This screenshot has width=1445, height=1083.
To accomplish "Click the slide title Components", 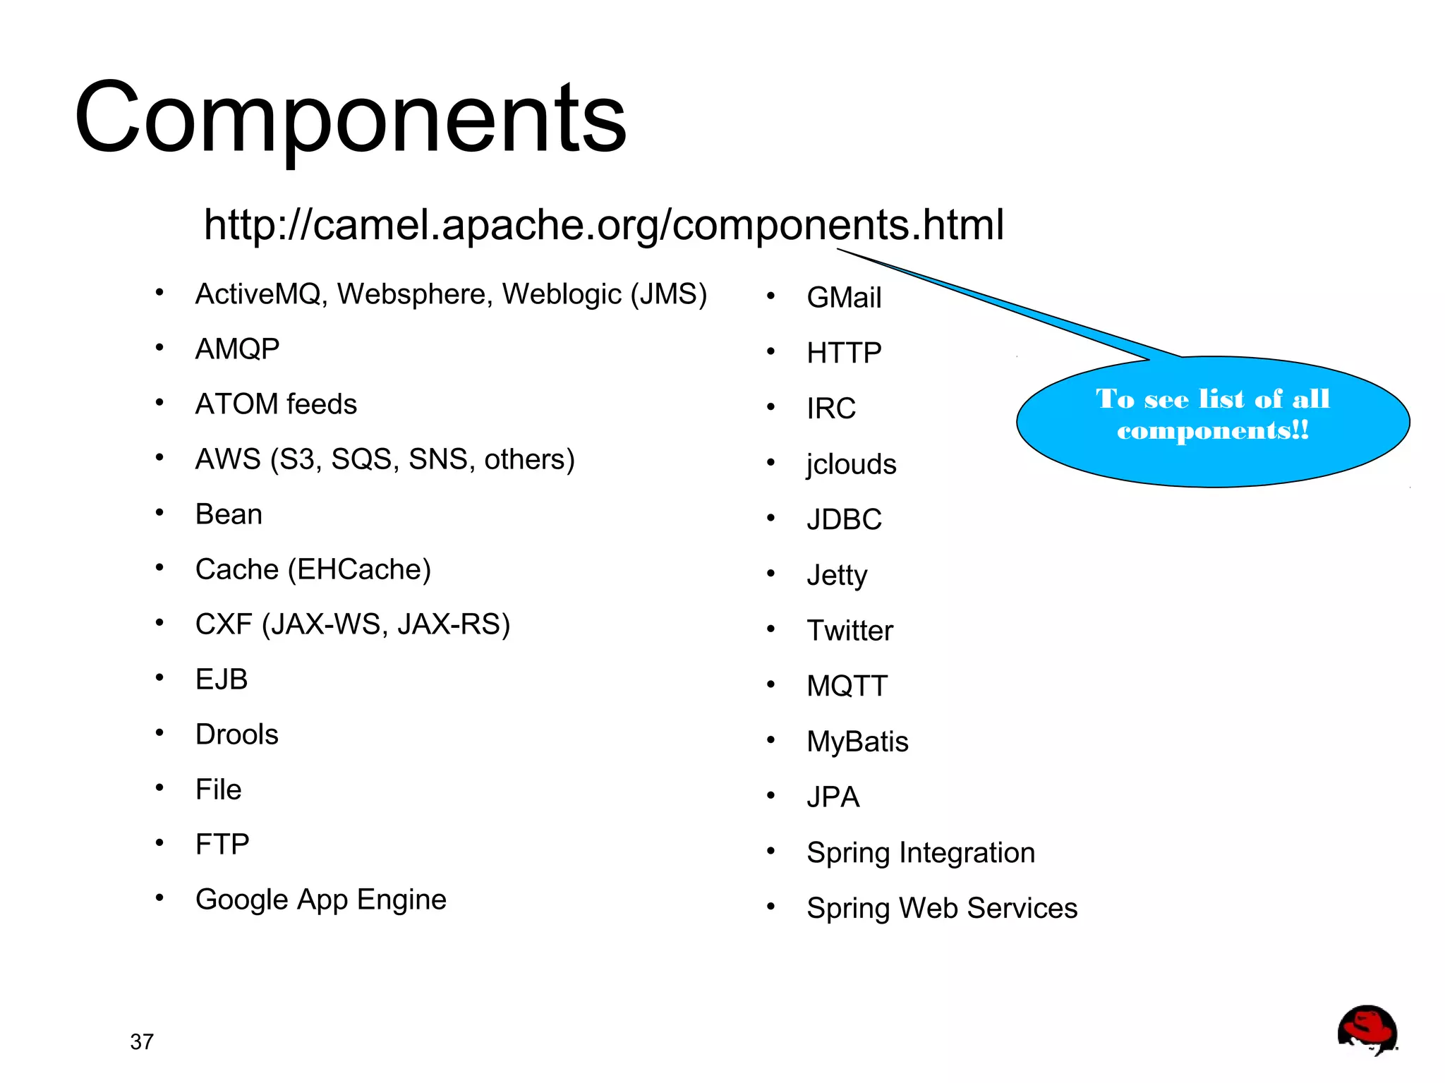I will pos(350,119).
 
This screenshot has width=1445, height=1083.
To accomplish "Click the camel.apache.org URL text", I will pos(603,224).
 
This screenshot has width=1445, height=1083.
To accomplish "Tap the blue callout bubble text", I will pos(1212,415).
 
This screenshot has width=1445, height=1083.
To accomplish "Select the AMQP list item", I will pos(237,349).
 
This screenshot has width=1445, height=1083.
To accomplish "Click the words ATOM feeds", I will pos(276,404).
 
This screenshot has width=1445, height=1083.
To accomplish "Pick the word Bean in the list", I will pos(229,514).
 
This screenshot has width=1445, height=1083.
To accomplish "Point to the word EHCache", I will pos(359,569).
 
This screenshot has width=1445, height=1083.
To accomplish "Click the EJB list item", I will pos(222,679).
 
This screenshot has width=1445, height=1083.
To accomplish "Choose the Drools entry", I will pos(236,734).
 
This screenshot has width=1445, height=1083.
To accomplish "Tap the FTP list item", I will pos(222,845).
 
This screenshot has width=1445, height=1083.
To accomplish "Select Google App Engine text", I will pos(320,900).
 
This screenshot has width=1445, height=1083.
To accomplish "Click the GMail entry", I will pos(844,298).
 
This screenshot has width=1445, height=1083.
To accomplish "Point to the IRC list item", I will pos(831,409).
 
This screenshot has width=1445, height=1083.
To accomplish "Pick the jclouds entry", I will pos(851,464).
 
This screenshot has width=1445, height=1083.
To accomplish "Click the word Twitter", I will pos(850,631).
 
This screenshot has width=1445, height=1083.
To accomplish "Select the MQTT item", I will pos(847,686).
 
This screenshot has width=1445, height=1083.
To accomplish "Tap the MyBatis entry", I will pos(857,742).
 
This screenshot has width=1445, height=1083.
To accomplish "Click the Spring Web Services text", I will pos(942,908).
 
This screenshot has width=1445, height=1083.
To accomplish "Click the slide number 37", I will pos(142,1041).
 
